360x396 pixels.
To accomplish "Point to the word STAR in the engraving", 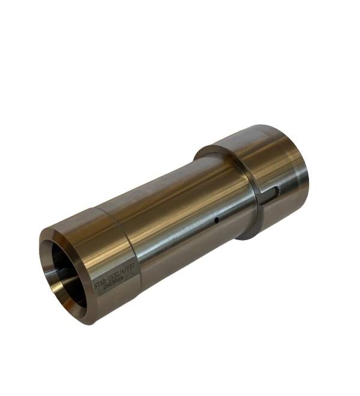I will pos(100,284).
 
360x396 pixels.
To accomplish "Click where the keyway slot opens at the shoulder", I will pos(262,197).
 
